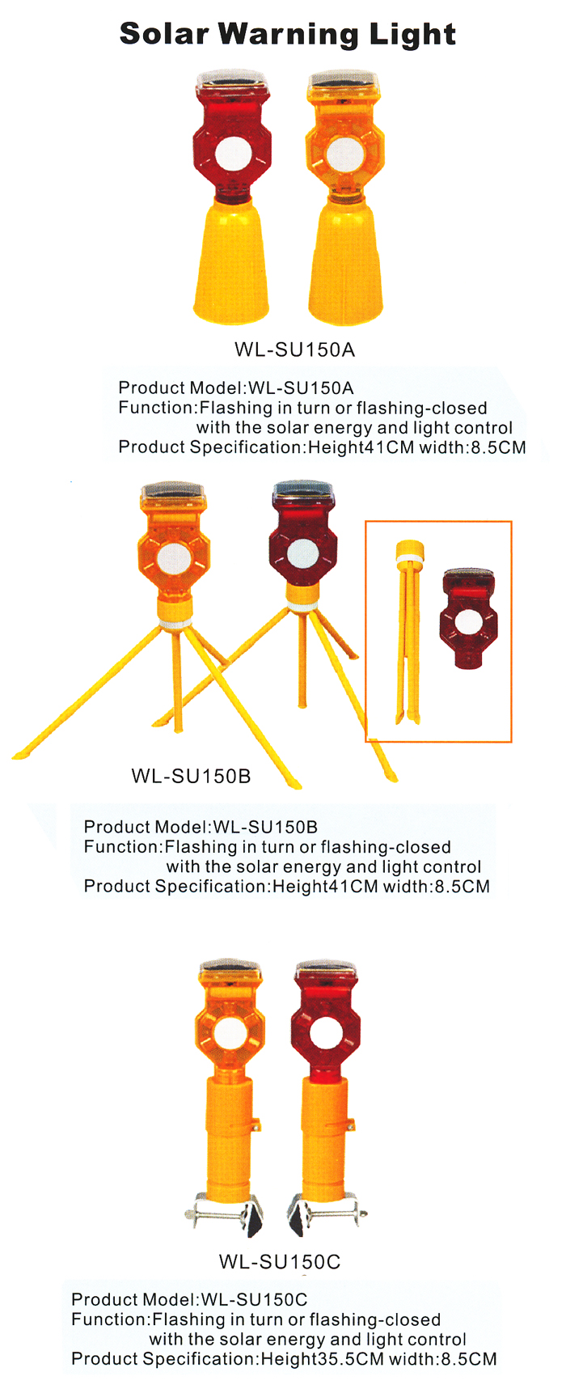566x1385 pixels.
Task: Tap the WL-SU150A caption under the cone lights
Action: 295,350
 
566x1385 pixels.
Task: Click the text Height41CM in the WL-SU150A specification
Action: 361,447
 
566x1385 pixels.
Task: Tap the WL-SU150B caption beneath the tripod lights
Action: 191,776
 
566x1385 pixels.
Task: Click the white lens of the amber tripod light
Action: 174,560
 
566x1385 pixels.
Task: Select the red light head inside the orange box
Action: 467,618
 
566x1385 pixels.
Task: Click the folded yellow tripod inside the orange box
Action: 408,632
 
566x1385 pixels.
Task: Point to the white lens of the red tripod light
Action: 302,553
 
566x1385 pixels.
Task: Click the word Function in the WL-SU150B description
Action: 122,846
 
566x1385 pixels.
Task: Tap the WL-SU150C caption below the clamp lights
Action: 279,1261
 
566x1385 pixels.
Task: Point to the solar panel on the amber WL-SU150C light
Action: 230,972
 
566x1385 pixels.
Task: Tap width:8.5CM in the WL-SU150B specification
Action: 437,886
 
